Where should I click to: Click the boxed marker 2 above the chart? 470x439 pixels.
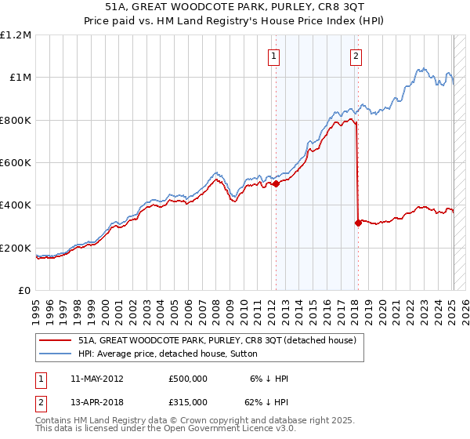click(356, 56)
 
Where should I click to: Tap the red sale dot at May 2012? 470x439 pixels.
click(276, 184)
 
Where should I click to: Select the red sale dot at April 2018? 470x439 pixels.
click(358, 223)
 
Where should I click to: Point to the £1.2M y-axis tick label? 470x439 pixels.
click(16, 35)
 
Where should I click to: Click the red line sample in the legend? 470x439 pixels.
click(55, 340)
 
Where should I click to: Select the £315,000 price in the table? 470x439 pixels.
click(188, 401)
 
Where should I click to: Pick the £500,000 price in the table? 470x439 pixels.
click(188, 379)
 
